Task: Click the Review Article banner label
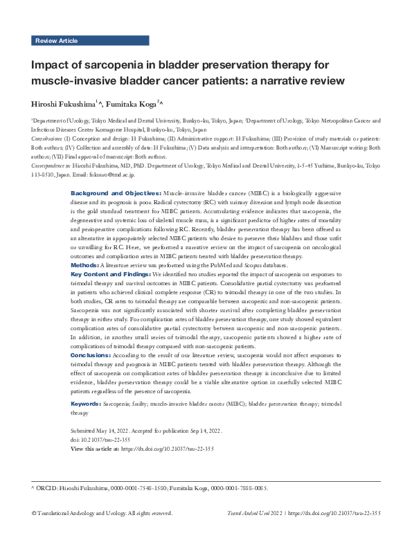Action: [x=56, y=41]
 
